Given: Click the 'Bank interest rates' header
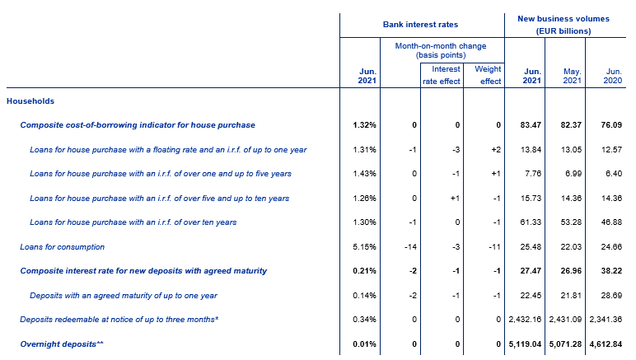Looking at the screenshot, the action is coord(420,25).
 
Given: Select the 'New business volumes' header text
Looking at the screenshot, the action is coord(564,19).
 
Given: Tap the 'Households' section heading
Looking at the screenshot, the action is coord(30,101).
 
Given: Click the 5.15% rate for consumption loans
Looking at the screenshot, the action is coord(364,246).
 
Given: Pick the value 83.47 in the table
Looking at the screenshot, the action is coord(531,125).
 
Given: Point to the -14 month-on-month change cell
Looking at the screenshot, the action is coord(410,246).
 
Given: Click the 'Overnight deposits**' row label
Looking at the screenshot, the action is coord(62,344).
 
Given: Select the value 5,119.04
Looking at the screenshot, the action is coord(525,344).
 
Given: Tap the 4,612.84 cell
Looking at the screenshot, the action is coord(606,344).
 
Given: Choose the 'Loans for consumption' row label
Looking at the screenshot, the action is coord(62,246).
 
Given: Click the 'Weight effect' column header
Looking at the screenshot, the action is coord(488,75).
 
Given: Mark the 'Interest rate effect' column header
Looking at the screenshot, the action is coord(442,75).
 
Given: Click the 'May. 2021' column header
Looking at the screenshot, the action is coord(572,76).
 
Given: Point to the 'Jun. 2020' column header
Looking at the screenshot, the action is coord(612,76).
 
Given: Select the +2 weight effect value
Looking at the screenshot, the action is coord(496,150).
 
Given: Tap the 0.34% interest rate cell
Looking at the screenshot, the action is coord(364,320).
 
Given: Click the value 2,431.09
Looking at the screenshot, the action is coord(565,320).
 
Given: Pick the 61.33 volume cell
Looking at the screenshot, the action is coord(531,222).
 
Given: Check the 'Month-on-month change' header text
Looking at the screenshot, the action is coord(441,46).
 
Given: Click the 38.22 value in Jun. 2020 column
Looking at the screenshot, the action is coord(611,271).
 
